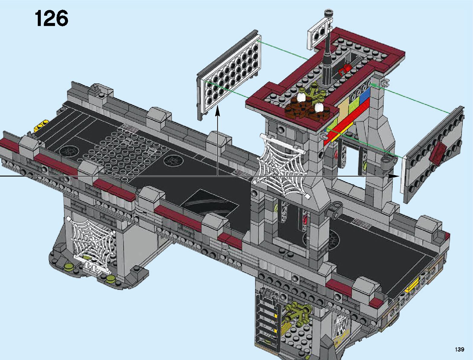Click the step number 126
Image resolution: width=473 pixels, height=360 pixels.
tap(51, 19)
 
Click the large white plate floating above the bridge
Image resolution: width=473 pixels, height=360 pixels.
tap(229, 74)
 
